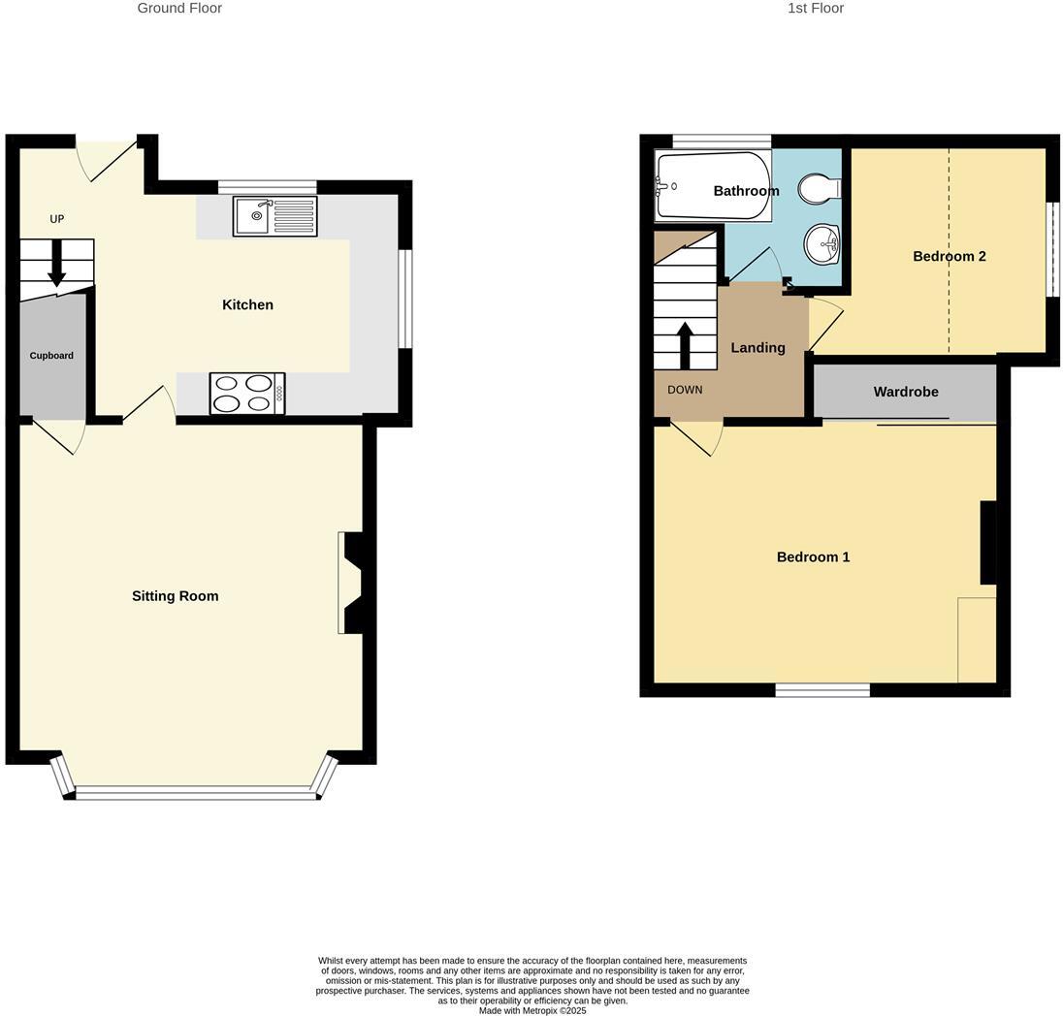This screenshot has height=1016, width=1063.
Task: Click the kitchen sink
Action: tap(274, 215)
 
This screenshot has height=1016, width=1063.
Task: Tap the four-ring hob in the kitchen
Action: tap(246, 393)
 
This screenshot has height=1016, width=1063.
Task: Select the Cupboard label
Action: tap(51, 356)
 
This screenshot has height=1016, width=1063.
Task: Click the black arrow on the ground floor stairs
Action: tap(57, 263)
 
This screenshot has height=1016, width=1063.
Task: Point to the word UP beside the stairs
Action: tap(57, 219)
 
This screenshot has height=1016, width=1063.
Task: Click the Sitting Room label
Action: tap(176, 596)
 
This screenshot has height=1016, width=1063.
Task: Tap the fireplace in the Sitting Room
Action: tap(350, 583)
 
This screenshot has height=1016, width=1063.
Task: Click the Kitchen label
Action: tap(247, 304)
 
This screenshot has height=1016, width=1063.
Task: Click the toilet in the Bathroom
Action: tap(821, 187)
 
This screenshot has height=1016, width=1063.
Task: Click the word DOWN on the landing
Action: tap(685, 390)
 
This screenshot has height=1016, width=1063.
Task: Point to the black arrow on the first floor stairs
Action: tap(685, 344)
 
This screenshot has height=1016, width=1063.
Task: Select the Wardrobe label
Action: tap(906, 392)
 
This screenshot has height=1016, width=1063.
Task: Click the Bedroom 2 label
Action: tap(950, 256)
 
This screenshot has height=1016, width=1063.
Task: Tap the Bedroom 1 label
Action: tap(813, 556)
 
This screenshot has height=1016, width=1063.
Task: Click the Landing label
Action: tap(757, 347)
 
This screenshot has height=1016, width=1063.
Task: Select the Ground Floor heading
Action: tap(179, 8)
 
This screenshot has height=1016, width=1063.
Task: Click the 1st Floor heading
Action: tap(816, 8)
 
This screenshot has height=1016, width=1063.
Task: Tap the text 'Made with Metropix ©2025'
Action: tap(532, 1010)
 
